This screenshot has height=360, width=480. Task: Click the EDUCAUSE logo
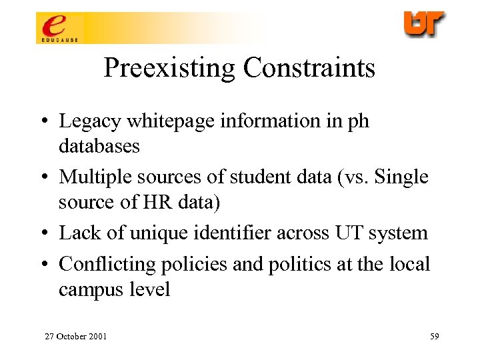58,28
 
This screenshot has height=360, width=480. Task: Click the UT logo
424,24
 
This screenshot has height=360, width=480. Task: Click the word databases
99,145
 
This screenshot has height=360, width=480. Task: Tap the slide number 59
434,336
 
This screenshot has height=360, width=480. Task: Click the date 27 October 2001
75,336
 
